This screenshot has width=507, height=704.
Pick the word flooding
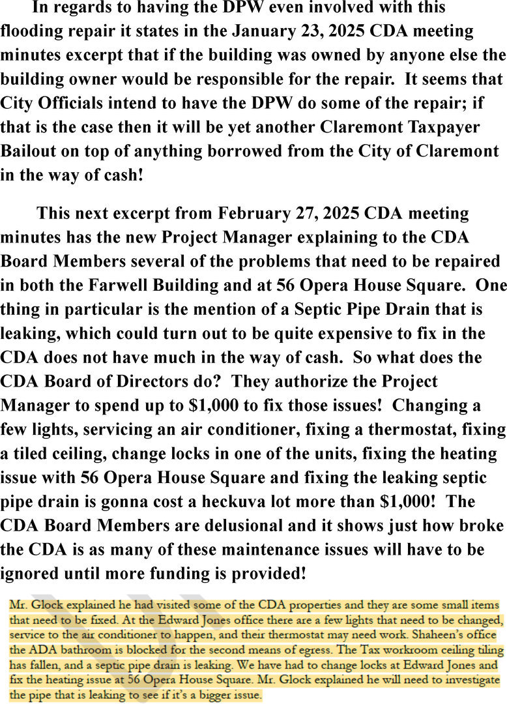pyautogui.click(x=34, y=31)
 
